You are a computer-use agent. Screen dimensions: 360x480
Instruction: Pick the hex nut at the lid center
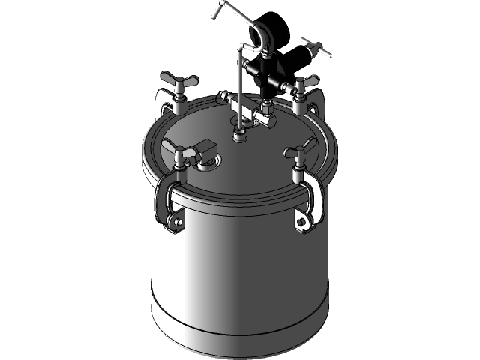[239, 134]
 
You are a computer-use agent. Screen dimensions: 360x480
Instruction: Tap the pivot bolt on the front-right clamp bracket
[302, 221]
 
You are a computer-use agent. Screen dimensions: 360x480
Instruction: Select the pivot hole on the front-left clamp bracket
[176, 223]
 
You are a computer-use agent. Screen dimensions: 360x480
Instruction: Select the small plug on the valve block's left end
[222, 95]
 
